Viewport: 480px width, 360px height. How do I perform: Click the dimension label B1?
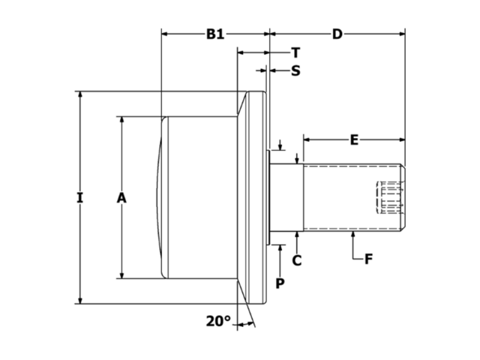(x=216, y=34)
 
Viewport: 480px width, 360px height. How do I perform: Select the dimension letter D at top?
(x=337, y=34)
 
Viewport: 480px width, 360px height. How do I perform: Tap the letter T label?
(x=295, y=52)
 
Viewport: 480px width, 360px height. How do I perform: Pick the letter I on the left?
(x=80, y=198)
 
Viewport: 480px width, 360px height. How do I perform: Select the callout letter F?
(x=369, y=260)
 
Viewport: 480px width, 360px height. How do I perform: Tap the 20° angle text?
(x=218, y=322)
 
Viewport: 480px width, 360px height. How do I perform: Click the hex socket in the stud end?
(x=389, y=198)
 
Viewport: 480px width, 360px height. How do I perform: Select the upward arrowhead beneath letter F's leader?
(x=353, y=236)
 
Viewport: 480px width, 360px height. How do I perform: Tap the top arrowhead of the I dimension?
(x=80, y=96)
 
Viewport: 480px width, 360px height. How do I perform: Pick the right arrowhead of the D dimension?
(x=401, y=34)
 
